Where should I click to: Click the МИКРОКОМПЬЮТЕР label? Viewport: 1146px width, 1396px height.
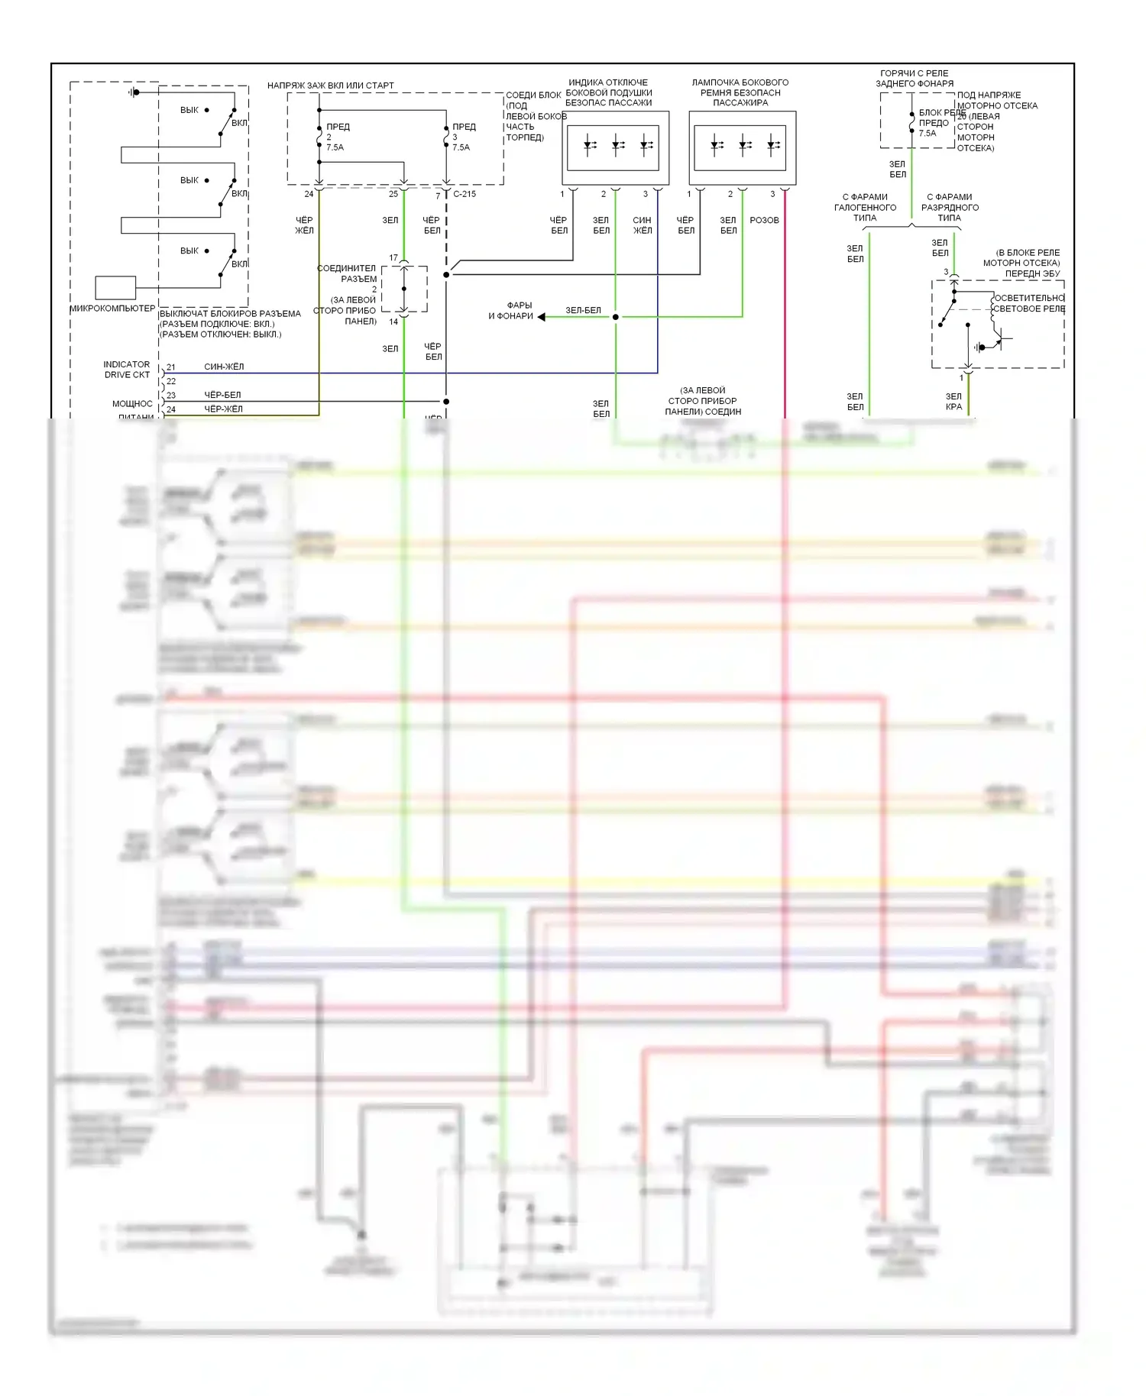click(112, 309)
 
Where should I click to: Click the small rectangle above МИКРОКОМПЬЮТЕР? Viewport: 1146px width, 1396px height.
click(115, 287)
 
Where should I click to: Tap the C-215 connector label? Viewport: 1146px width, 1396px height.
click(465, 194)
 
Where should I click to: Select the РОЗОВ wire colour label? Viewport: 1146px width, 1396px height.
click(764, 220)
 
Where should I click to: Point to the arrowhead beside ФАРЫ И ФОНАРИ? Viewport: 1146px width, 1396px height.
click(541, 316)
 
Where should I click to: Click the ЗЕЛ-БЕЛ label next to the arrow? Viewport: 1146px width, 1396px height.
click(583, 310)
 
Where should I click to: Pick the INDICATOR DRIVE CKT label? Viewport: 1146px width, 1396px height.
click(127, 370)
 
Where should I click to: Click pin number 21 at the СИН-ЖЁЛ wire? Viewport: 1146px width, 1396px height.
click(171, 367)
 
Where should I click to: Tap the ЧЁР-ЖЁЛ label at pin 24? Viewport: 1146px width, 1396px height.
click(223, 409)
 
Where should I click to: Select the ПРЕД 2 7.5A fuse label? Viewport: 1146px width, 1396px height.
click(337, 137)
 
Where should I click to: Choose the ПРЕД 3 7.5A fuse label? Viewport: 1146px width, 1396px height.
click(463, 137)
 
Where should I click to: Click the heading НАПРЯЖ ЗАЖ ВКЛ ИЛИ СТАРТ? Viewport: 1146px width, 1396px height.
click(331, 86)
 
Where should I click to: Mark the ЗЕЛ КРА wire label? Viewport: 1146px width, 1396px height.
click(953, 402)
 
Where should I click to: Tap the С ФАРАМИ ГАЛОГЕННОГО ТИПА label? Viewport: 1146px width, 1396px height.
click(865, 208)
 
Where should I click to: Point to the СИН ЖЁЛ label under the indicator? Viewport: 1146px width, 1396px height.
click(642, 225)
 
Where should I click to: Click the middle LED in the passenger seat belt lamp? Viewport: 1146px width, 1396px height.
click(744, 145)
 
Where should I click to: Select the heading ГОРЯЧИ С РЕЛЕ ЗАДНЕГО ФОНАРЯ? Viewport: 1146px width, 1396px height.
click(915, 79)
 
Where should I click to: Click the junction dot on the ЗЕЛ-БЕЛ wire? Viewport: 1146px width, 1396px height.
click(616, 317)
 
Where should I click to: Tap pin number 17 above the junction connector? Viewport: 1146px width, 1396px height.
click(393, 258)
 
